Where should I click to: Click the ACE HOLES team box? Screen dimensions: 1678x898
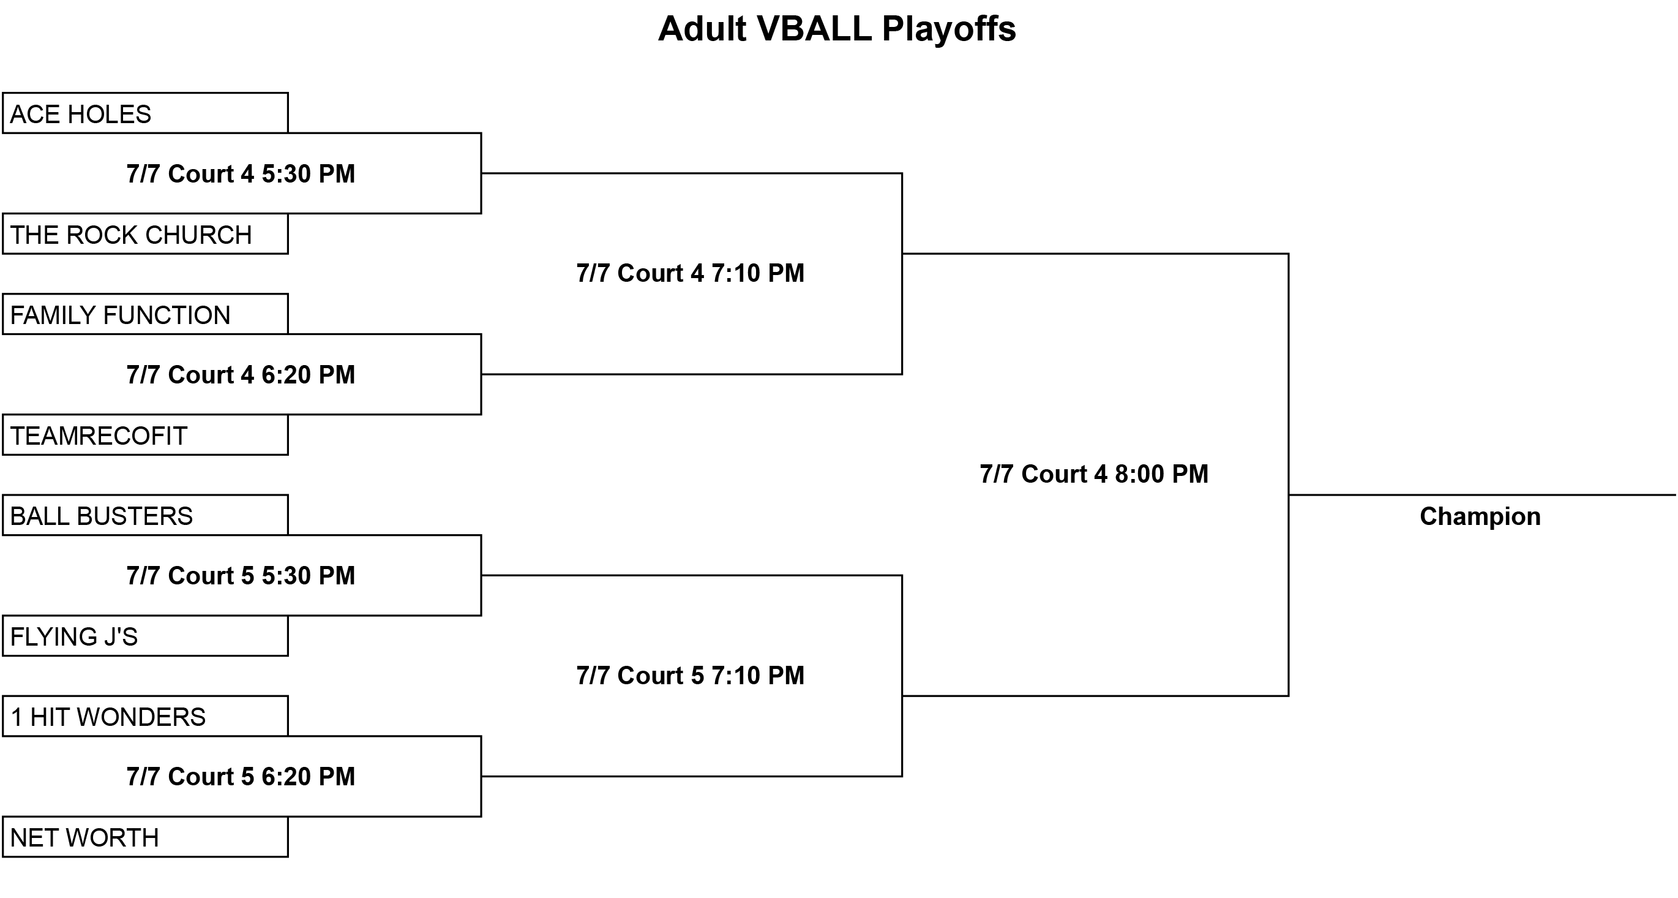145,113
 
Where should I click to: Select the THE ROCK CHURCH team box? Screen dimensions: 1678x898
145,233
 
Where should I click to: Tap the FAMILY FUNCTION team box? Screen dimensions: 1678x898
145,314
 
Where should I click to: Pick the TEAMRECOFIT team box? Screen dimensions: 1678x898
145,435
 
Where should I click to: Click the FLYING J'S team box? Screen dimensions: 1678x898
145,635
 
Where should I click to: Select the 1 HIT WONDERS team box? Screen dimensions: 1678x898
145,716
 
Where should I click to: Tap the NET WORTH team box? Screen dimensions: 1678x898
145,837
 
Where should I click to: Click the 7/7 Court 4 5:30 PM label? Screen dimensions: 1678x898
241,174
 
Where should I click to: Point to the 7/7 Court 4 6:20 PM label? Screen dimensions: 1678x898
241,375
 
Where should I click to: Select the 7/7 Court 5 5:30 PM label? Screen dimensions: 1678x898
241,576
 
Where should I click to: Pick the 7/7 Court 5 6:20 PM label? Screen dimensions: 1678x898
241,777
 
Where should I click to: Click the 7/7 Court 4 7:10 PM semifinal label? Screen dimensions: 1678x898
691,273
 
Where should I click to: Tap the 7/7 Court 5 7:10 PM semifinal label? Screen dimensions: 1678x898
691,676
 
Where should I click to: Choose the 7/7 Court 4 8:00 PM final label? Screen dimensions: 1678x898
1095,474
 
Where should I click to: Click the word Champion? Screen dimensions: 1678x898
1480,517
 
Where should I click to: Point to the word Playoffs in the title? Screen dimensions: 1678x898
949,29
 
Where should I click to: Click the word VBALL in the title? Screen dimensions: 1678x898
814,29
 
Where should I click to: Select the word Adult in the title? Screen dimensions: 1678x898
702,29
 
